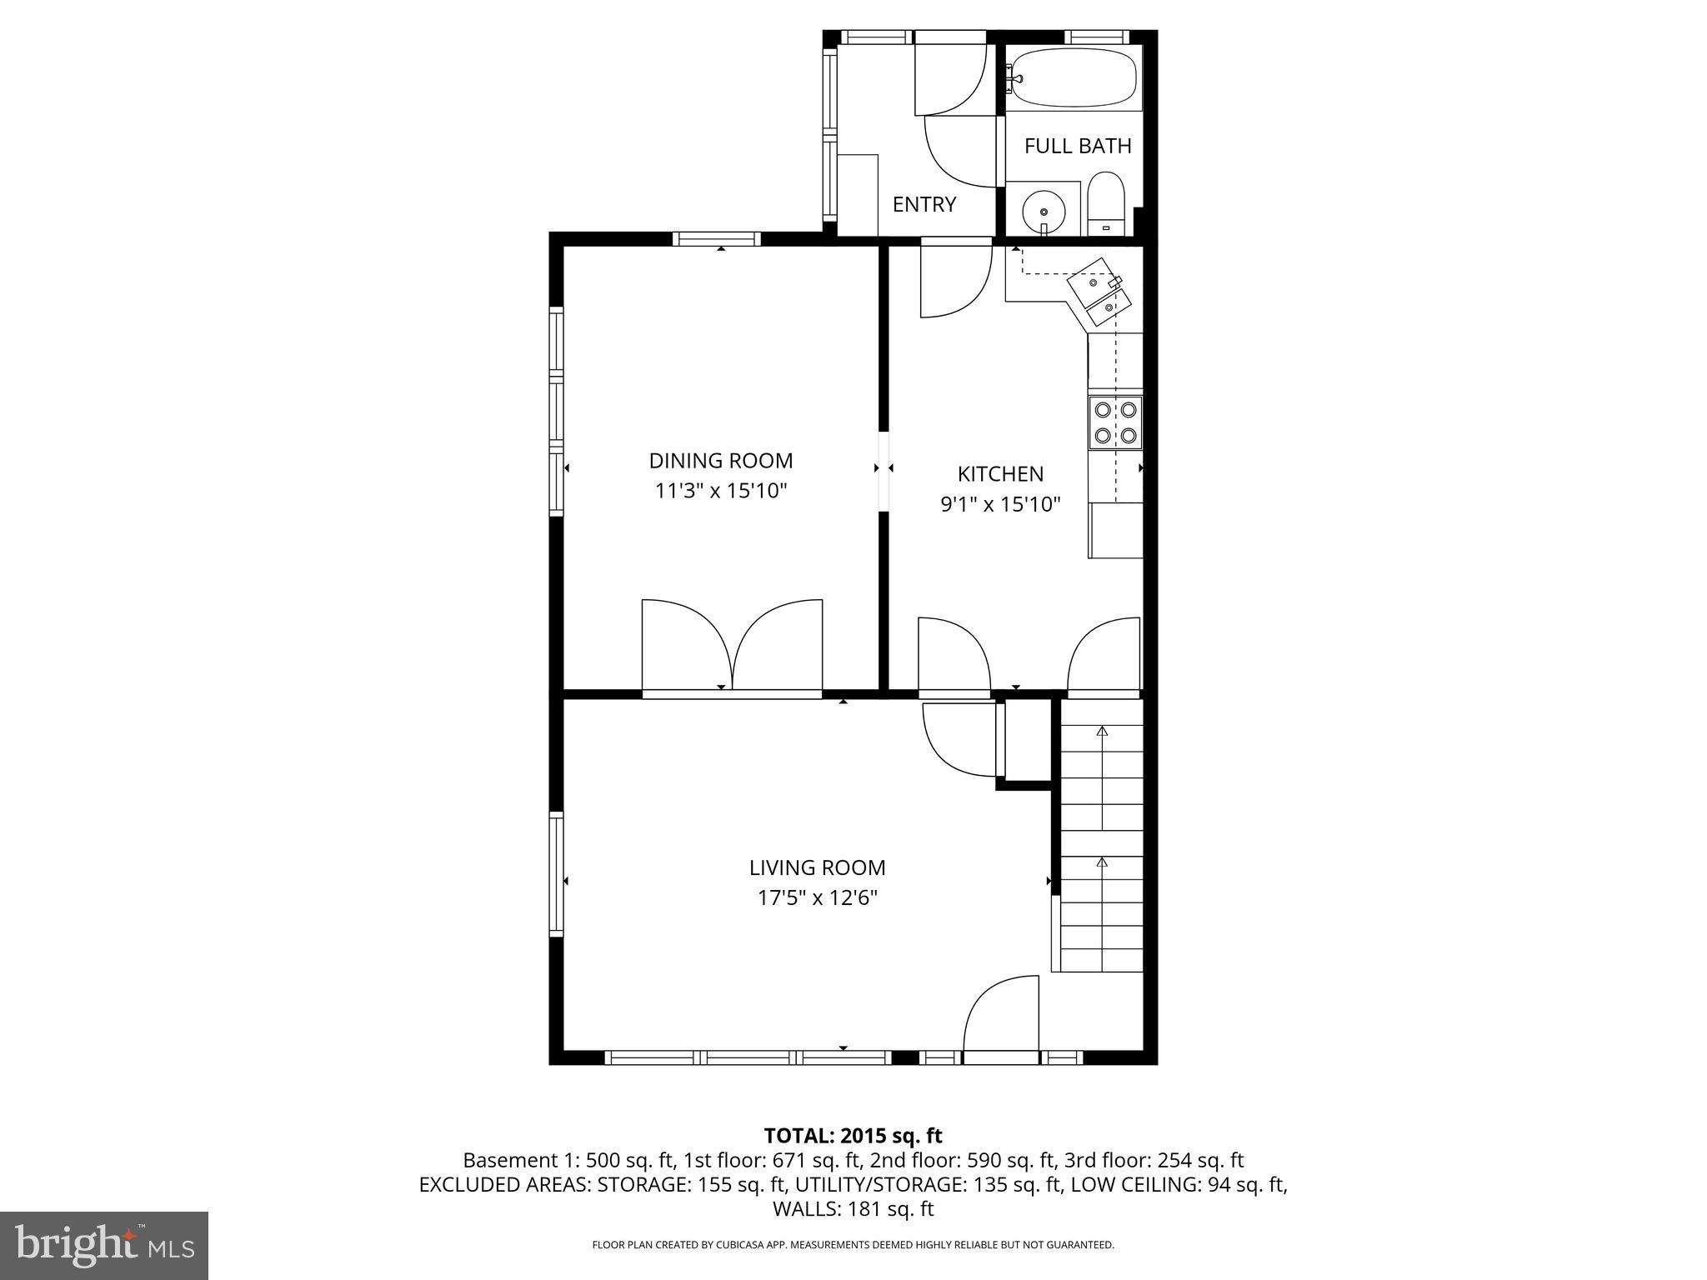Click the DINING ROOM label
pos(720,461)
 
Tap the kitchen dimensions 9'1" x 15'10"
pos(1000,504)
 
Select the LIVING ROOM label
pos(817,867)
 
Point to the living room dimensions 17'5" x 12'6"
pos(817,898)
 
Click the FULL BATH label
pos(1077,147)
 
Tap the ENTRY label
pos(924,205)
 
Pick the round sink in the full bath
pos(1044,212)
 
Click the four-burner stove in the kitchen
pos(1115,422)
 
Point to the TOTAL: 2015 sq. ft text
pos(853,1136)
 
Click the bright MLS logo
pos(104,1245)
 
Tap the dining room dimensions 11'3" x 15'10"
pos(720,491)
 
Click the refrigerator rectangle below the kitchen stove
pos(1115,530)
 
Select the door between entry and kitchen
pos(955,279)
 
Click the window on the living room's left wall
pos(556,874)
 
